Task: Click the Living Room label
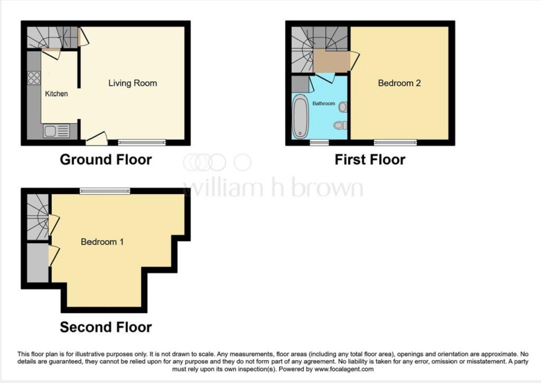(x=133, y=83)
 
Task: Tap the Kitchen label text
(x=56, y=94)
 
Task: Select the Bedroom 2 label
(x=399, y=83)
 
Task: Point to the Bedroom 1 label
(x=102, y=242)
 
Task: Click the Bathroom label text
(x=323, y=104)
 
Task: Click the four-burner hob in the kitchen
(x=34, y=78)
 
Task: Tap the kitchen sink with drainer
(x=56, y=130)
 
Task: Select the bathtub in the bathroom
(x=300, y=116)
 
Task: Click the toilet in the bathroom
(x=341, y=125)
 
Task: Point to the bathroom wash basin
(x=343, y=107)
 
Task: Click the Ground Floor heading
(x=106, y=159)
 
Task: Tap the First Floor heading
(x=370, y=159)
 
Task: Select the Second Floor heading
(x=106, y=327)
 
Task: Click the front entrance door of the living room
(x=97, y=140)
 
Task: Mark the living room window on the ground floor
(x=142, y=142)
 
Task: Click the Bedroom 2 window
(x=395, y=142)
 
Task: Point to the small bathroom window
(x=318, y=142)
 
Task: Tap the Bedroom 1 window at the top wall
(x=105, y=191)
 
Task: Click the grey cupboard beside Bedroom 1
(x=38, y=263)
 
